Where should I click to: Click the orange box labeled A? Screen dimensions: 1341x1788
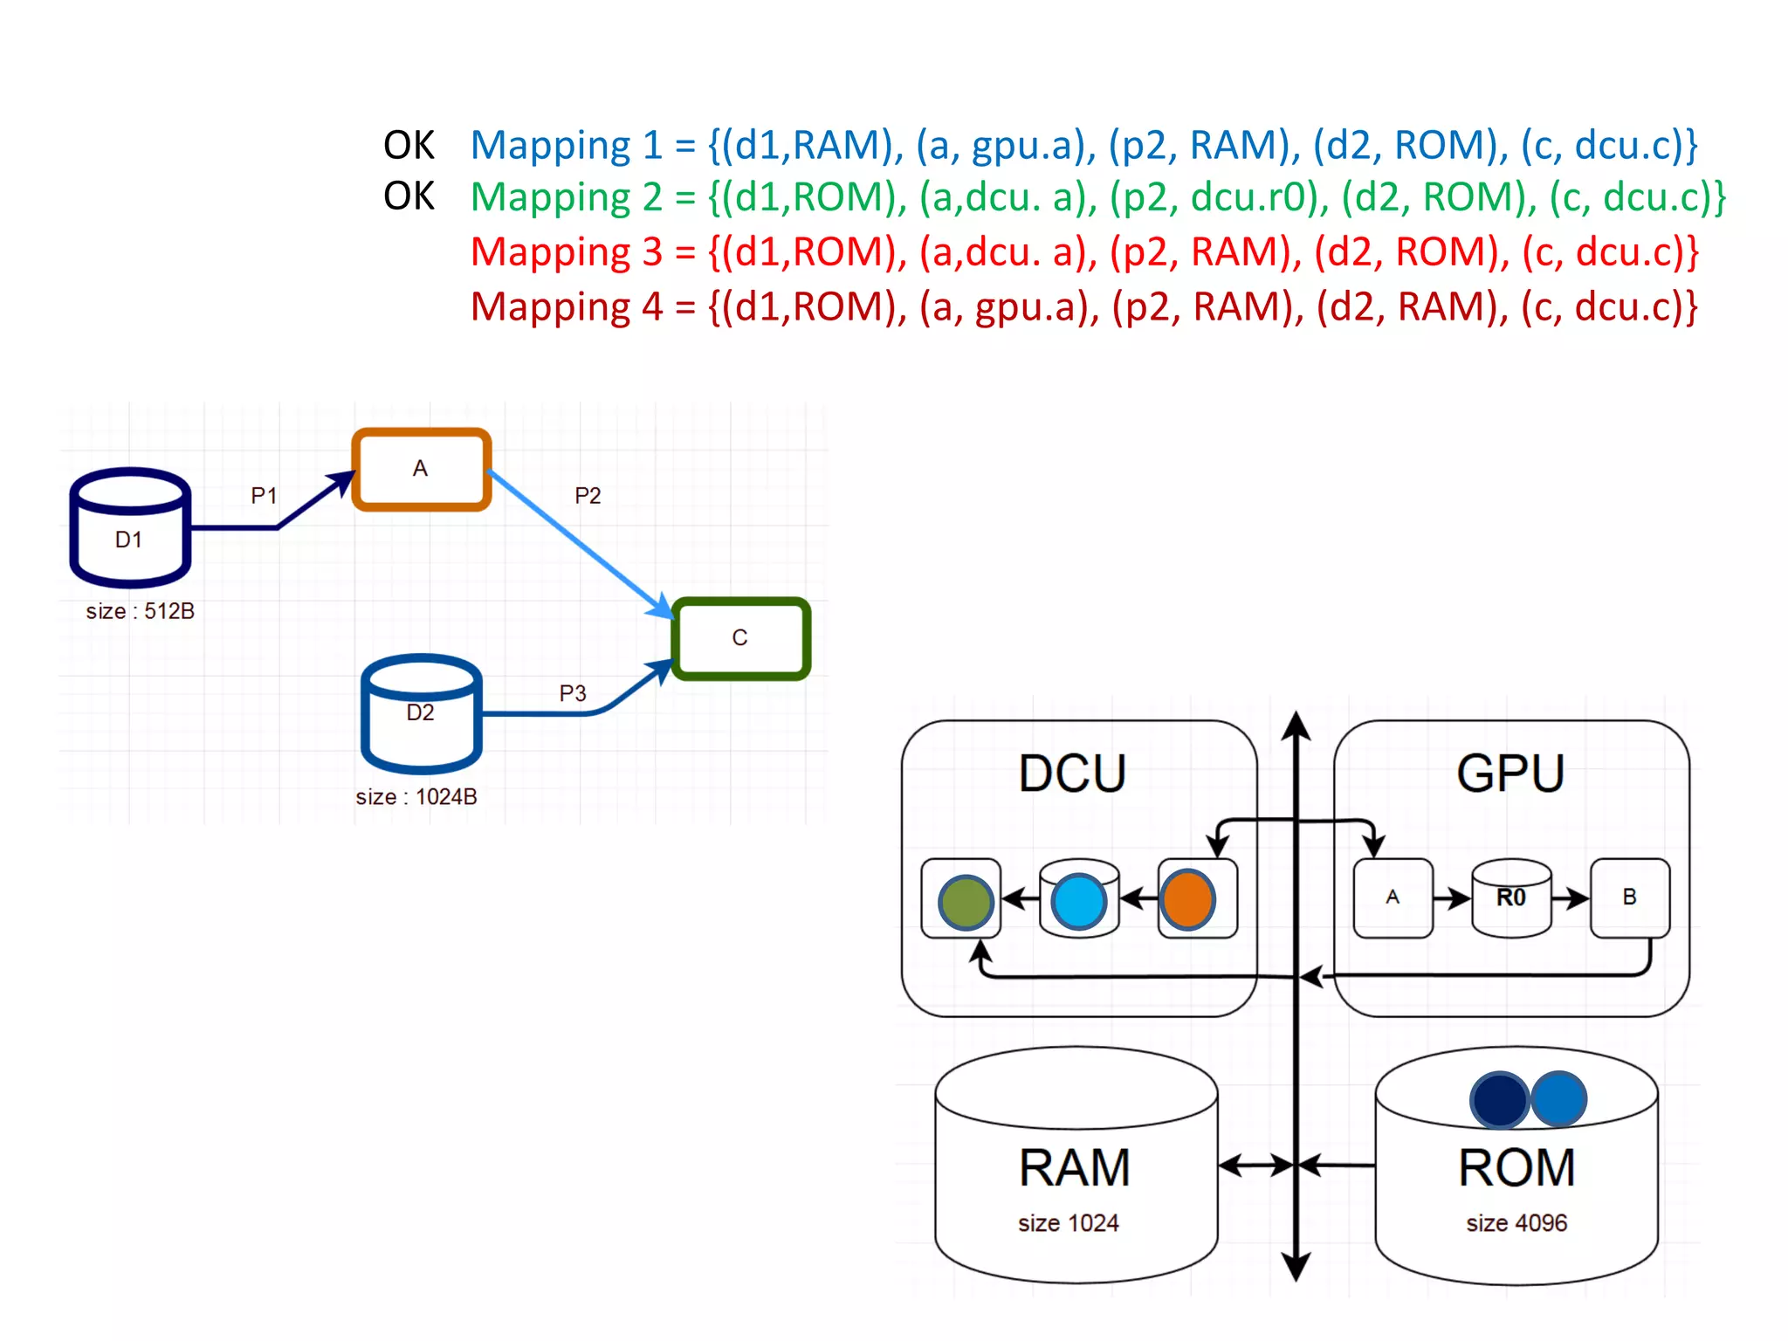(x=421, y=469)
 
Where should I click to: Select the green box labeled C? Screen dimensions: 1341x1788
(x=740, y=638)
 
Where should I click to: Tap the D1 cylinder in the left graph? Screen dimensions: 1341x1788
(x=129, y=528)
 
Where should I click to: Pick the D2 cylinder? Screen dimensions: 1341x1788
(x=421, y=714)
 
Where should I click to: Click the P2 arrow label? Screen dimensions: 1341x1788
(x=588, y=496)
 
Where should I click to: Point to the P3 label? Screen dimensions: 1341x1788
(x=573, y=693)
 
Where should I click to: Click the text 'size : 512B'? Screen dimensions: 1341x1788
(x=140, y=611)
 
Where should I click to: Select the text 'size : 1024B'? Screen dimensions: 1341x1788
(x=416, y=796)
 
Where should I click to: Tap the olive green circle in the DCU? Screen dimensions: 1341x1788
(x=966, y=902)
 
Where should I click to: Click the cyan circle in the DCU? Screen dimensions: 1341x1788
(x=1079, y=902)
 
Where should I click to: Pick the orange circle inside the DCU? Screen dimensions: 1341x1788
(x=1187, y=899)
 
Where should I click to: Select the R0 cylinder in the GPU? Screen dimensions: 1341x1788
(x=1511, y=898)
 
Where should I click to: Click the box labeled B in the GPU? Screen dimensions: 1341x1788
(x=1629, y=897)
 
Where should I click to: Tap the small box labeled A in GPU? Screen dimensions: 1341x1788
(x=1393, y=897)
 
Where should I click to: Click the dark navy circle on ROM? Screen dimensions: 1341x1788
(x=1498, y=1100)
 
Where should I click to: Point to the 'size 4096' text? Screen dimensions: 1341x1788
(x=1516, y=1223)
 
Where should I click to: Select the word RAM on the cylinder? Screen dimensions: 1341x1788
(x=1075, y=1168)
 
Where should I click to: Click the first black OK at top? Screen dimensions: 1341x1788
(x=409, y=145)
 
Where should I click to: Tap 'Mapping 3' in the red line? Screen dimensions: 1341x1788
(x=567, y=252)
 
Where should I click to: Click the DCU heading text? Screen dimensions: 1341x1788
(x=1072, y=774)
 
